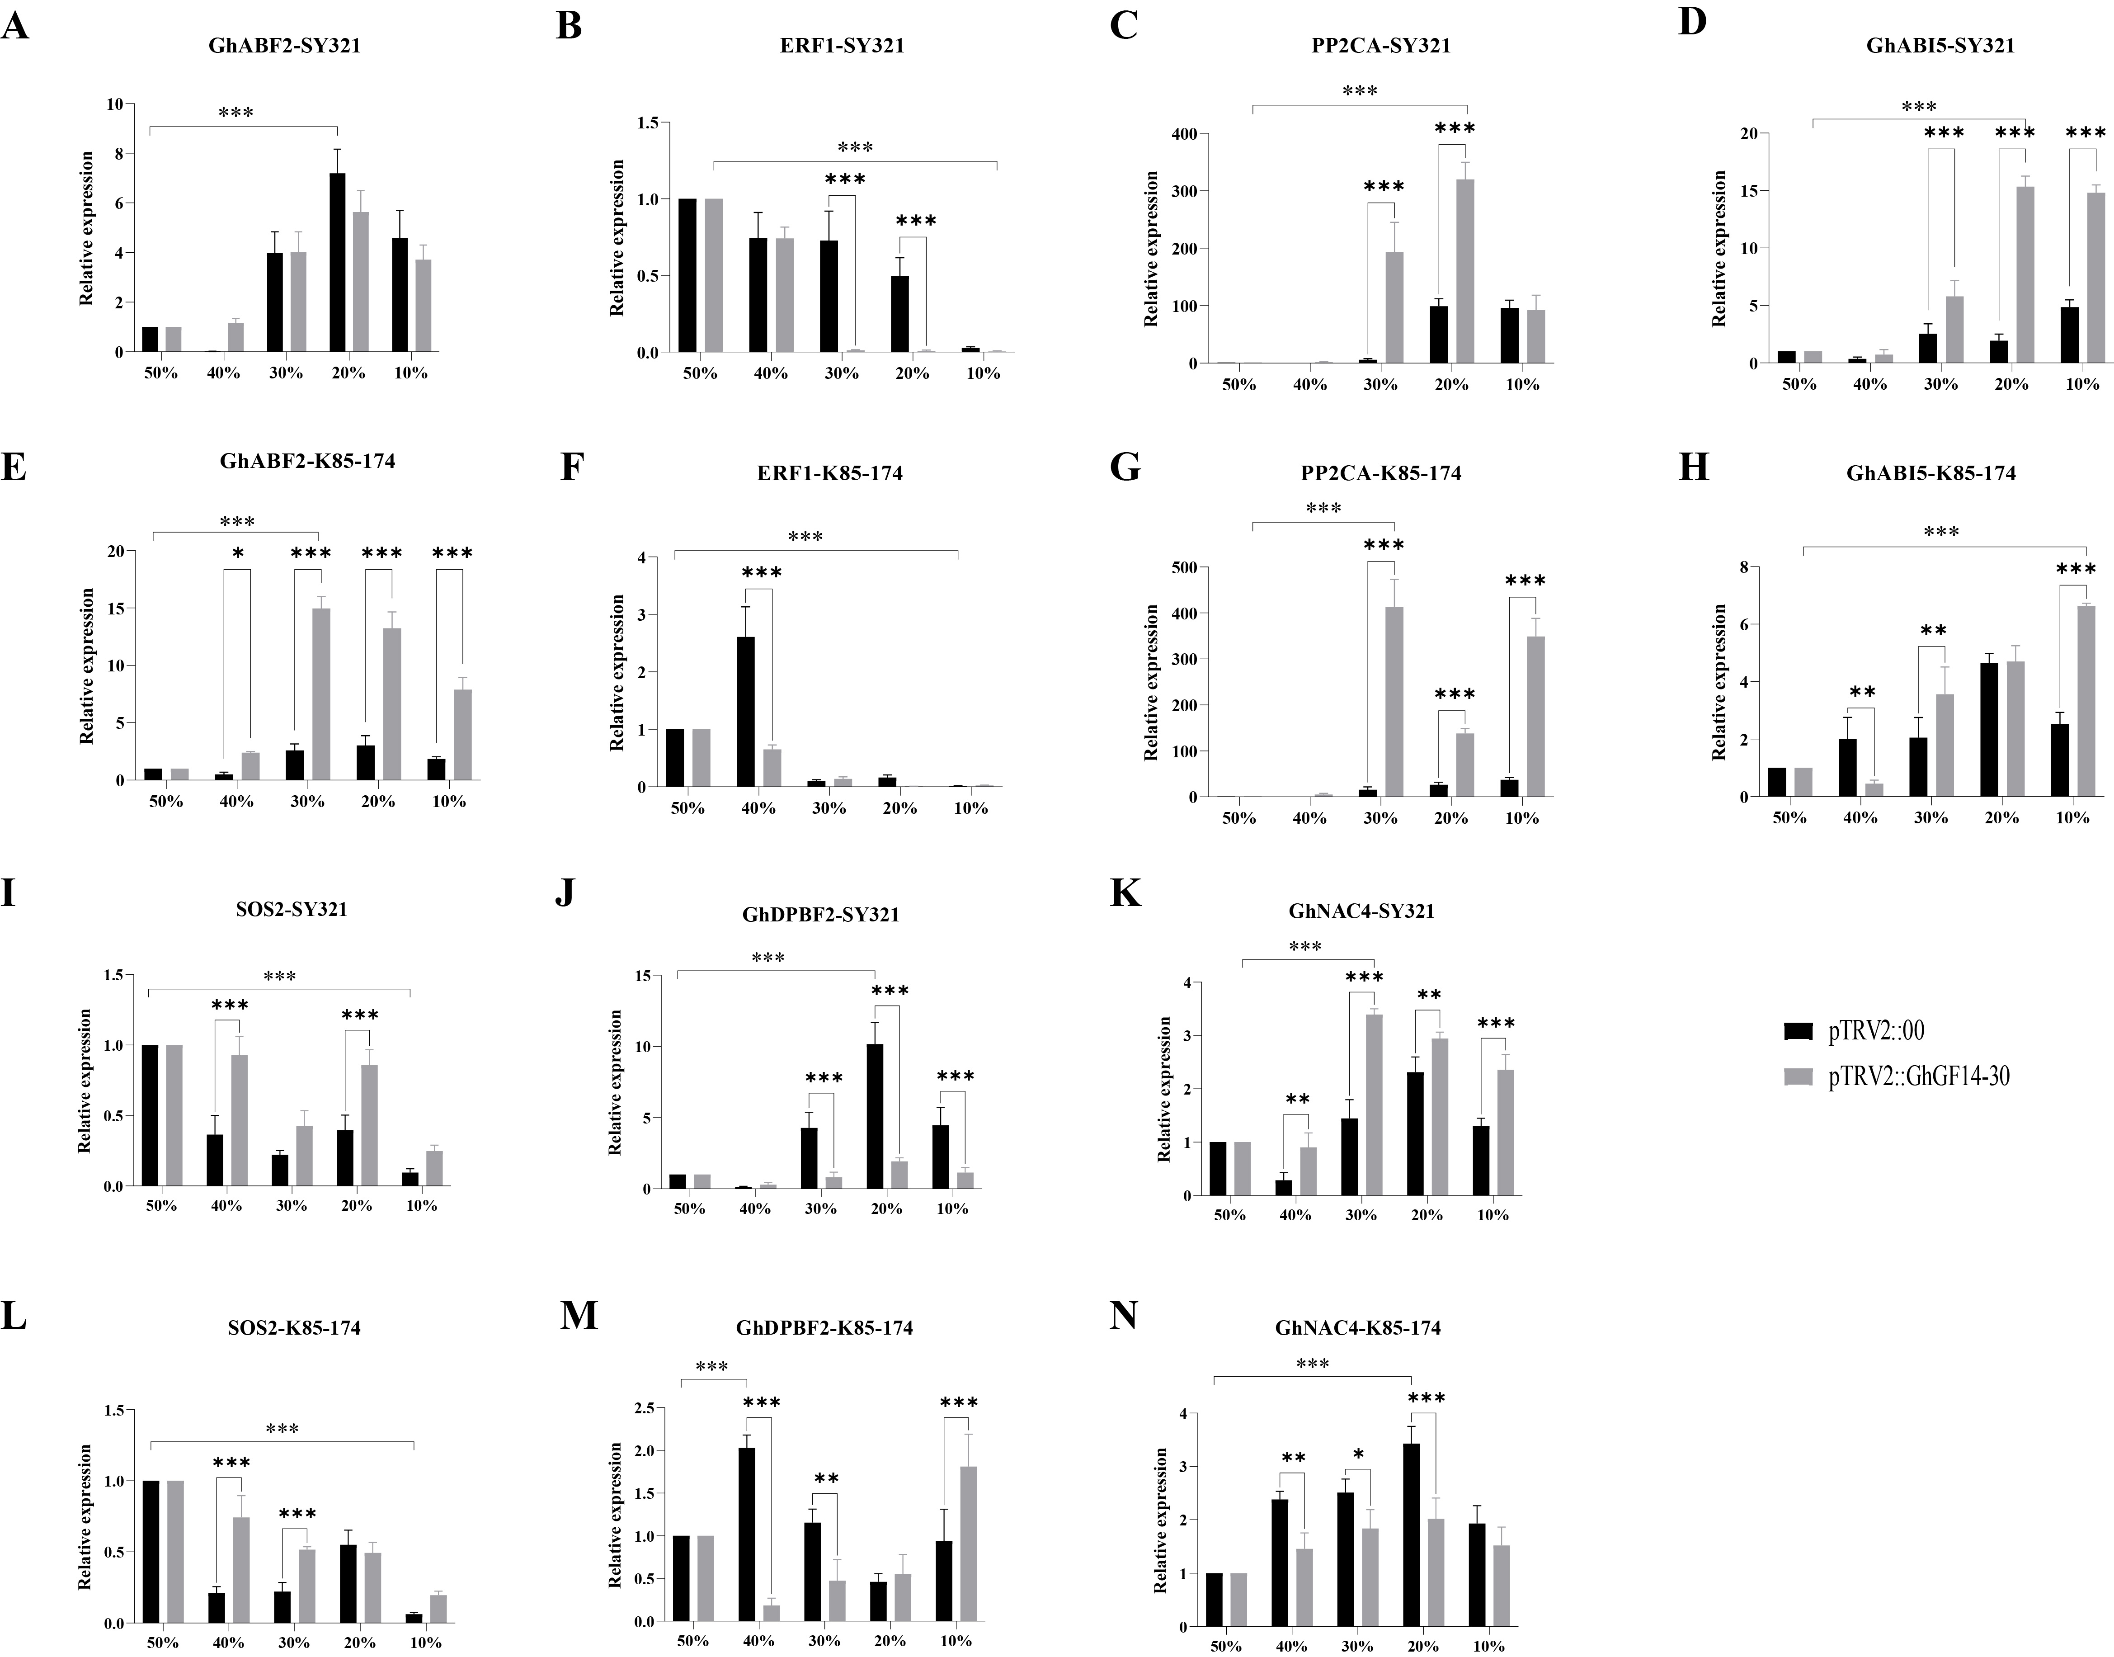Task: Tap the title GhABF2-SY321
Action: coord(284,46)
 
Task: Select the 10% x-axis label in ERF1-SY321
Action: coord(983,373)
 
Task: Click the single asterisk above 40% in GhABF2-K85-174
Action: coord(238,554)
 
